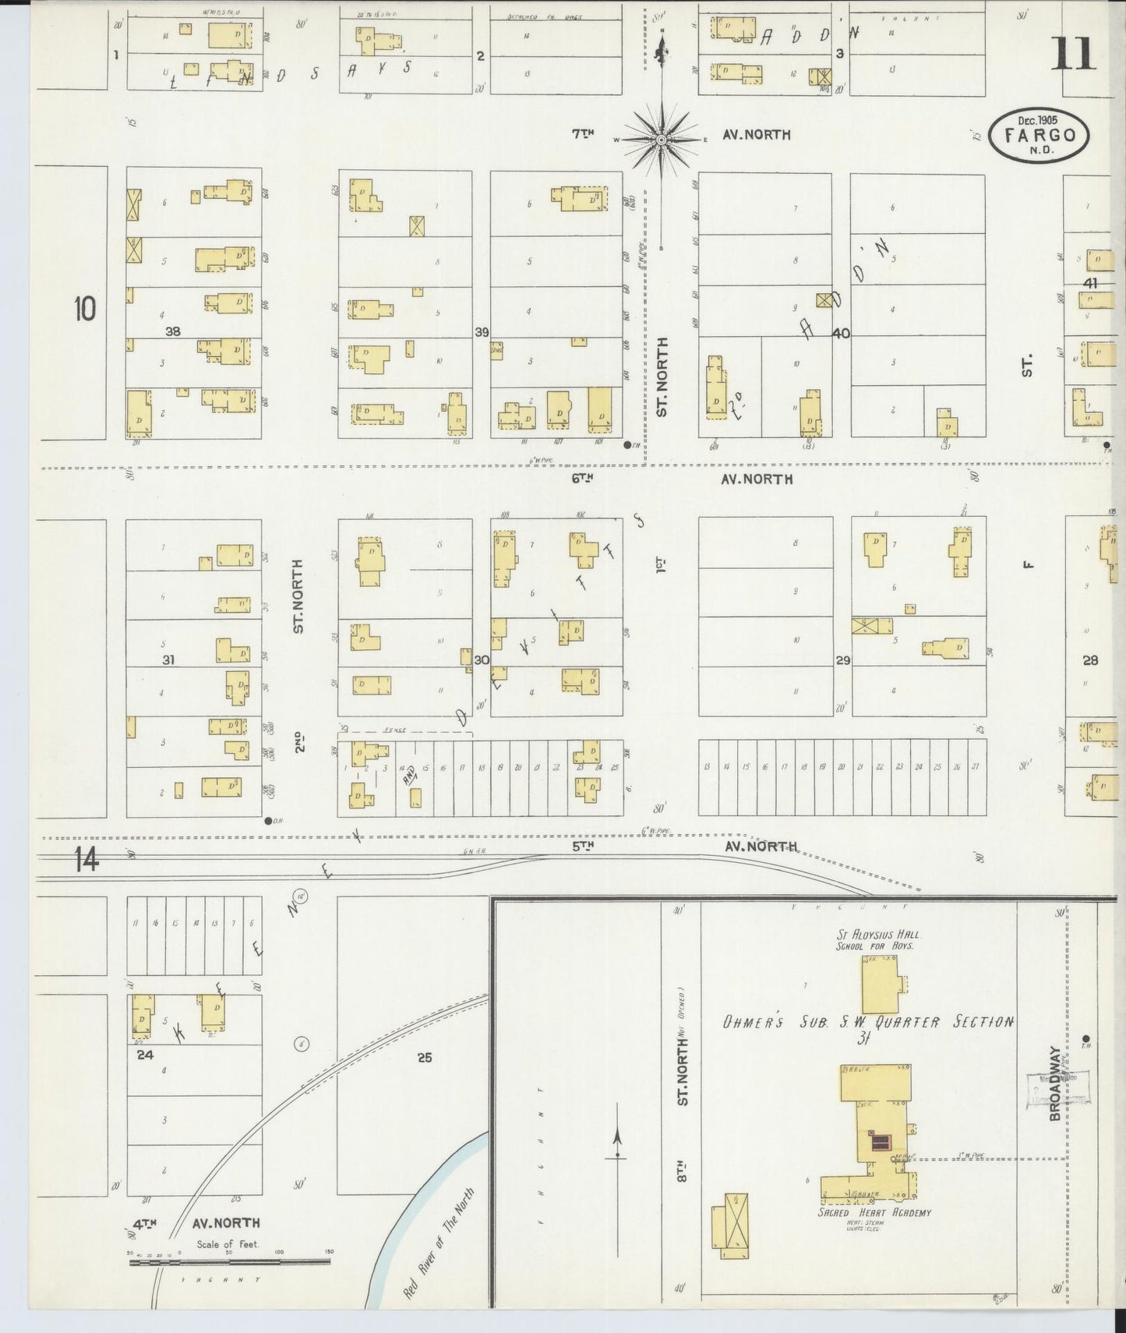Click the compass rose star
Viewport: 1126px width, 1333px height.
[661, 140]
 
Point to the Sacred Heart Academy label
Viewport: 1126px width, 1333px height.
[874, 1234]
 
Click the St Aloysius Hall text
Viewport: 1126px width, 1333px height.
[878, 934]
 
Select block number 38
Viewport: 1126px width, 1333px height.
[172, 331]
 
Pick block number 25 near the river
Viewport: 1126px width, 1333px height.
[424, 1058]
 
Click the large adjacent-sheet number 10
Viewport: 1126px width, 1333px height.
[85, 309]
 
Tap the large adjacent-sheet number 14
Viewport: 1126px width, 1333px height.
[87, 861]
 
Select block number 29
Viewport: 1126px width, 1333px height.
[842, 660]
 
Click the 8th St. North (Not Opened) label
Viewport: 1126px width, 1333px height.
[682, 1091]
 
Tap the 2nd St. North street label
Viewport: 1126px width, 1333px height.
[299, 655]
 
